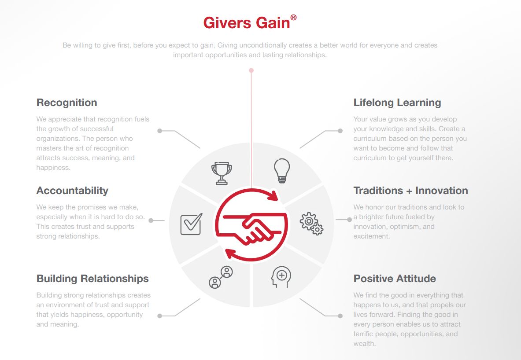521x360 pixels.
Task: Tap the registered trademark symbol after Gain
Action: click(x=293, y=17)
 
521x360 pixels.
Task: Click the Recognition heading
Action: click(x=67, y=103)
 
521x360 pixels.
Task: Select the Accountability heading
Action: click(x=72, y=191)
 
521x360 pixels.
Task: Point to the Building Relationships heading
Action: click(x=92, y=279)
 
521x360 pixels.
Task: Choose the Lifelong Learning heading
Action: click(x=397, y=103)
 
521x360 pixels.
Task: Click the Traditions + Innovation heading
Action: click(x=411, y=191)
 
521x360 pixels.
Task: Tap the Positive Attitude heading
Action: click(x=395, y=279)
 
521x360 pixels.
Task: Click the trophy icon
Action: click(x=222, y=173)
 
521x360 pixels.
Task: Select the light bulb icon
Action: click(x=282, y=171)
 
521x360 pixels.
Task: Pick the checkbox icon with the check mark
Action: click(x=192, y=224)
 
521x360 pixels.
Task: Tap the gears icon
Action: click(x=311, y=224)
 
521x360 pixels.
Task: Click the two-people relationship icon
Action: click(x=221, y=277)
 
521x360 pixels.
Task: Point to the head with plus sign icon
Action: click(x=281, y=277)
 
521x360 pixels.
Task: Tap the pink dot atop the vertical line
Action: click(x=251, y=70)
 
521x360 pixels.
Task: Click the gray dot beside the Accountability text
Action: click(x=151, y=220)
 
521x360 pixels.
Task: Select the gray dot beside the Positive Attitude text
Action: click(x=340, y=316)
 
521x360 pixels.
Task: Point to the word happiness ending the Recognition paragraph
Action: click(x=52, y=168)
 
